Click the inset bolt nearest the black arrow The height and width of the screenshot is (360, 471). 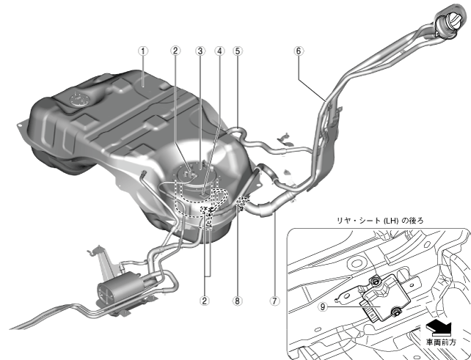pyautogui.click(x=395, y=313)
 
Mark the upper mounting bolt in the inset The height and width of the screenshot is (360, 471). pyautogui.click(x=375, y=282)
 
